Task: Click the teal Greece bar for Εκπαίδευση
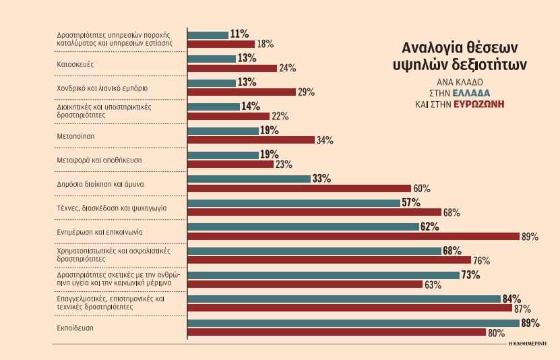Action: click(x=353, y=323)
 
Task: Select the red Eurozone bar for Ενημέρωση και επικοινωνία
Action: click(x=353, y=236)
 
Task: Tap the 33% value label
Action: click(x=321, y=179)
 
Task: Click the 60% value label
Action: click(x=422, y=188)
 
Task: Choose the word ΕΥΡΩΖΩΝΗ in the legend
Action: click(x=480, y=104)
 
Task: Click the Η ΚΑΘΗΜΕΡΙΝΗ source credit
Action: click(x=528, y=343)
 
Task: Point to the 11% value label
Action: click(x=240, y=34)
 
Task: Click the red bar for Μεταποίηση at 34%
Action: click(x=251, y=140)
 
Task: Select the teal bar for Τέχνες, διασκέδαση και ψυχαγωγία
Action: click(x=294, y=202)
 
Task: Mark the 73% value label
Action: click(x=470, y=275)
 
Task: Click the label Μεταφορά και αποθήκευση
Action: click(x=98, y=160)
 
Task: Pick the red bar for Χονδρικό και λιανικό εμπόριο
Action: click(x=241, y=92)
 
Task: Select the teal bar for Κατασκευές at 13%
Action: click(x=212, y=58)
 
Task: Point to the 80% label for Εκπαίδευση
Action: click(x=497, y=333)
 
